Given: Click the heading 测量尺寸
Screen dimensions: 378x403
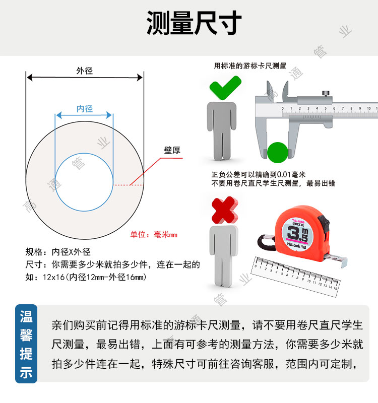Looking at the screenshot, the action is click(x=194, y=23).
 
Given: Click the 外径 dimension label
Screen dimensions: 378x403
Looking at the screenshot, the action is click(x=84, y=71).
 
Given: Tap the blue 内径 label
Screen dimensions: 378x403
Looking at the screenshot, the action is click(x=84, y=109).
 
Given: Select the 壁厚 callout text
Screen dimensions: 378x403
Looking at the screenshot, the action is click(x=172, y=150).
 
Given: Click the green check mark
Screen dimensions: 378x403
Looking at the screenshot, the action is click(x=225, y=88).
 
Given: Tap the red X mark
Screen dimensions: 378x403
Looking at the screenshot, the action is click(x=225, y=210).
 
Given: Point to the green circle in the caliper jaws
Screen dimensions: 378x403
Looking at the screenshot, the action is click(x=278, y=153).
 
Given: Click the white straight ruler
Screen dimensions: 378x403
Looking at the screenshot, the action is click(x=296, y=277).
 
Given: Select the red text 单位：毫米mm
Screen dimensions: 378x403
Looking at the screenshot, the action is click(x=154, y=234).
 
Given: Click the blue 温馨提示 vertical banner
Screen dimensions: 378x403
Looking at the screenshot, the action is click(x=26, y=344).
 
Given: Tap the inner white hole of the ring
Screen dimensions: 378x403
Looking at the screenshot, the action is click(x=84, y=182).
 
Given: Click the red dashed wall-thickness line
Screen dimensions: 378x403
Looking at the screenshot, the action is click(x=129, y=185).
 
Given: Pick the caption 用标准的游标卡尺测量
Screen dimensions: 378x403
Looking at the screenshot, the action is click(x=250, y=66).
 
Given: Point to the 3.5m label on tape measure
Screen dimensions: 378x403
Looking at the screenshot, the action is click(x=298, y=233).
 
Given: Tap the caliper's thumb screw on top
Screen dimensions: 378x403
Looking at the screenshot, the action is click(x=326, y=94).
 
